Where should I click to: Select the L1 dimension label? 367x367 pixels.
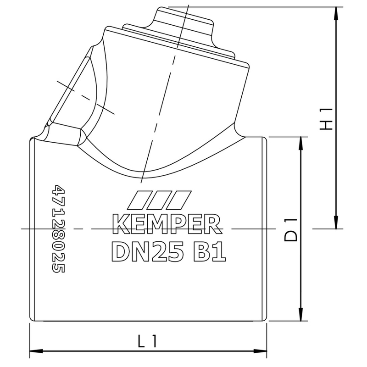click(x=148, y=341)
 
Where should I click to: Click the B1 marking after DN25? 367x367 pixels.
click(x=208, y=251)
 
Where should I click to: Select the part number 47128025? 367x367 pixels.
click(x=58, y=229)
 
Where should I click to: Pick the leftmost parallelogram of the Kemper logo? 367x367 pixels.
click(x=137, y=199)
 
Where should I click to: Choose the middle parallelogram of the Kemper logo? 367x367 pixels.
click(x=156, y=199)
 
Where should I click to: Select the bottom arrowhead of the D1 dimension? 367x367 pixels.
click(x=300, y=317)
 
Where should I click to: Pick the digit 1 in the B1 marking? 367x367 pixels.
click(x=219, y=251)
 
